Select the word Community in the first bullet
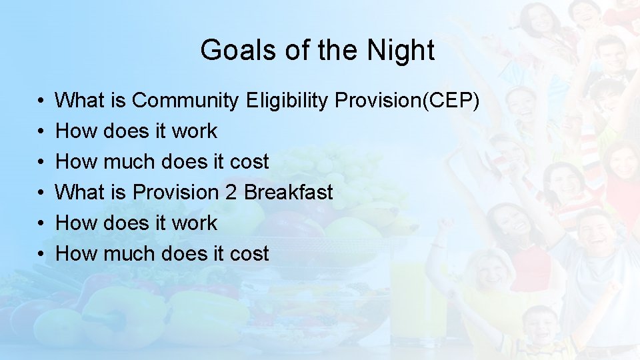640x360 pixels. (x=185, y=101)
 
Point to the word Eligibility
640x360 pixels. (x=287, y=101)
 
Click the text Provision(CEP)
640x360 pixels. (x=407, y=101)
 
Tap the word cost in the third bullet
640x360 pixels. (x=247, y=161)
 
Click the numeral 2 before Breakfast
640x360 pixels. (x=231, y=192)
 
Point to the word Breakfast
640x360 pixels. (x=288, y=192)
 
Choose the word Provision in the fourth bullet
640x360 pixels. (x=175, y=192)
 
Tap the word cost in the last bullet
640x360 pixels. (x=247, y=253)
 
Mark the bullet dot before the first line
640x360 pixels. (x=41, y=101)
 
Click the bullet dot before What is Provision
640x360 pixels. (x=41, y=193)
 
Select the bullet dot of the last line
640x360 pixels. (x=41, y=254)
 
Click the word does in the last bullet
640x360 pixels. (x=187, y=253)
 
